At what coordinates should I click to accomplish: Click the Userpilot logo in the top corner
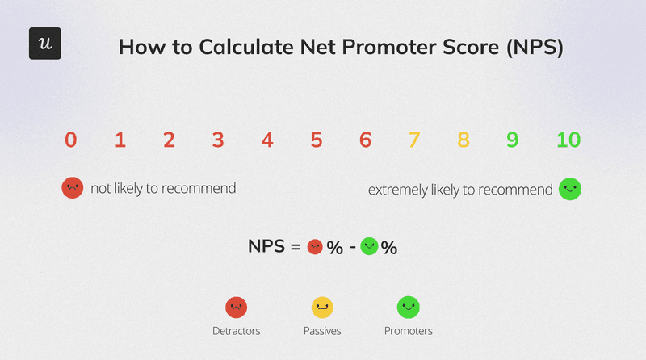pyautogui.click(x=45, y=44)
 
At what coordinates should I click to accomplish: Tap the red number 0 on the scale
pyautogui.click(x=71, y=140)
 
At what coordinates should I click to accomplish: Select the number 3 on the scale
pyautogui.click(x=218, y=140)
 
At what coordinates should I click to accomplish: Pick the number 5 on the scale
pyautogui.click(x=317, y=140)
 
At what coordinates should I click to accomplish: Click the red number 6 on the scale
pyautogui.click(x=366, y=140)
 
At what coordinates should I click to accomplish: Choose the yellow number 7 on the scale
pyautogui.click(x=414, y=140)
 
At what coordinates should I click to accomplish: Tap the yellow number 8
pyautogui.click(x=464, y=140)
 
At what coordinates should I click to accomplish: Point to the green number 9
pyautogui.click(x=513, y=140)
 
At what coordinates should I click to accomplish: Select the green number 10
pyautogui.click(x=568, y=140)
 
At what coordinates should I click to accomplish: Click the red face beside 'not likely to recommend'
pyautogui.click(x=73, y=189)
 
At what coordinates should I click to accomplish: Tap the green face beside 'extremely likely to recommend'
pyautogui.click(x=570, y=190)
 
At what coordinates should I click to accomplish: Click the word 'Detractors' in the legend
pyautogui.click(x=236, y=331)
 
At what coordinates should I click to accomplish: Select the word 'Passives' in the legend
pyautogui.click(x=322, y=331)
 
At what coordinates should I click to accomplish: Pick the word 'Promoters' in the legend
pyautogui.click(x=408, y=331)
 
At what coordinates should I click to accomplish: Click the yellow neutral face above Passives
pyautogui.click(x=322, y=307)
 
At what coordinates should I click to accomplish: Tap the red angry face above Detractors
pyautogui.click(x=236, y=307)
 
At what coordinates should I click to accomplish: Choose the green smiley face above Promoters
pyautogui.click(x=408, y=307)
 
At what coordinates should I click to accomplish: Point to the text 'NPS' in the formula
pyautogui.click(x=266, y=247)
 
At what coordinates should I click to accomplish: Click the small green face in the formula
pyautogui.click(x=369, y=246)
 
